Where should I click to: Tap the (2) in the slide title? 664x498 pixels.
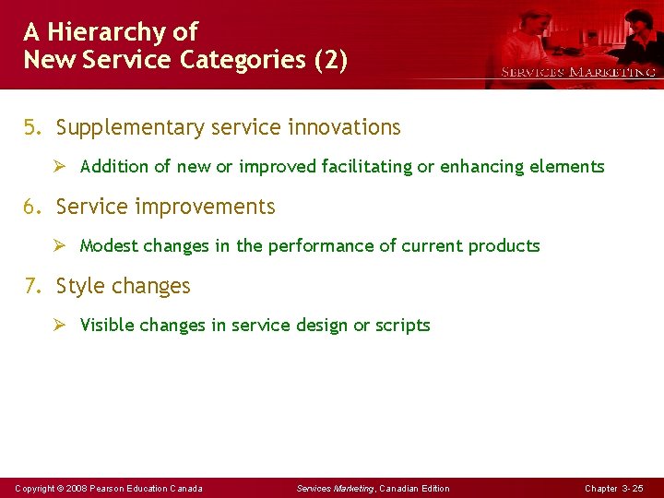(330, 61)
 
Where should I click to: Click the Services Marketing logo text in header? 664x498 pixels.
(578, 72)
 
